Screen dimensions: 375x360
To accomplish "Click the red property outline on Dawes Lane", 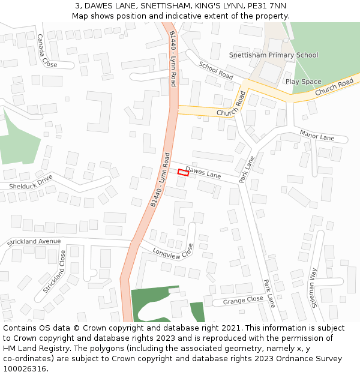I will [183, 173].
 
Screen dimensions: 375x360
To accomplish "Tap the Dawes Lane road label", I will [203, 173].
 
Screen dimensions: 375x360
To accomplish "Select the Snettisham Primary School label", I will [274, 55].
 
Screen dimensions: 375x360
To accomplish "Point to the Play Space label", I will [303, 82].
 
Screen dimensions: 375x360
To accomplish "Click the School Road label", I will [215, 71].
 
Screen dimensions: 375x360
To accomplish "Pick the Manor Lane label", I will [317, 137].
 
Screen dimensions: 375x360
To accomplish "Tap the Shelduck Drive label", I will [31, 182].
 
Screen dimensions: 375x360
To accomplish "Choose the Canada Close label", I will [47, 50].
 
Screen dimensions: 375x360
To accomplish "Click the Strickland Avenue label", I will [34, 242].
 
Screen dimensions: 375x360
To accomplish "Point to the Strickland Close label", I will [55, 272].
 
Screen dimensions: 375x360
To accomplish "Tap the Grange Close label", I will [243, 299].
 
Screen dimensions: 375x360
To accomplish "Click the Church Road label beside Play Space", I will [334, 88].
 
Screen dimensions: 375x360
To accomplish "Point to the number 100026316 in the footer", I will [25, 368].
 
